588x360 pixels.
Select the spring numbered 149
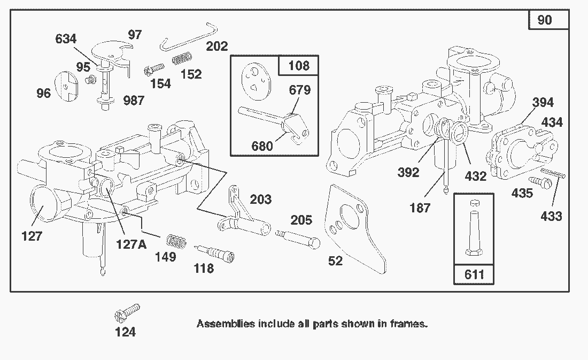(x=177, y=241)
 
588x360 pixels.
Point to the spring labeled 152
(x=182, y=57)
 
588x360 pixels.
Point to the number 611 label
(x=474, y=274)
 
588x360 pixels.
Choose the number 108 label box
(x=298, y=65)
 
